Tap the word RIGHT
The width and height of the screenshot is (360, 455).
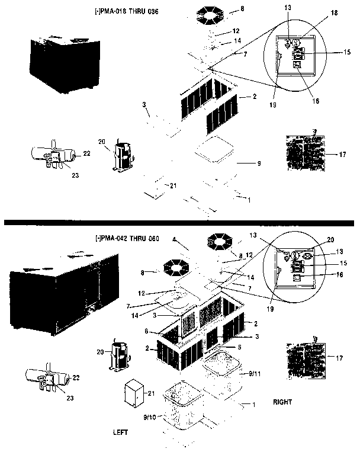(x=282, y=402)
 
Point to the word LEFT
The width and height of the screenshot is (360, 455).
(x=121, y=432)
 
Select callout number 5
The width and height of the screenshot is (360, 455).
(x=239, y=347)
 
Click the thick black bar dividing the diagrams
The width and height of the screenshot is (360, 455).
(x=179, y=222)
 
